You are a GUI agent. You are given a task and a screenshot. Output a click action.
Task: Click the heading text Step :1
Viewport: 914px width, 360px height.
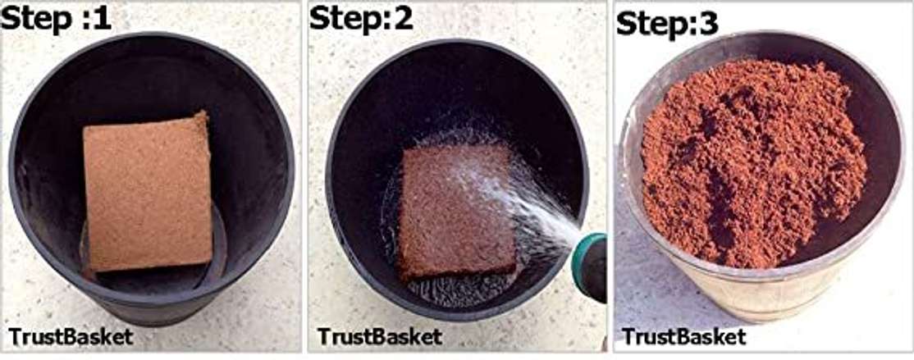click(x=56, y=18)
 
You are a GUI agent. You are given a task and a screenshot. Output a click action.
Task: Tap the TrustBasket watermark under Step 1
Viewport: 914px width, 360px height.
click(x=71, y=337)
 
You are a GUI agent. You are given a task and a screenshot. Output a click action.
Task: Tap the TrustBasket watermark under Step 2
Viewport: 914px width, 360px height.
click(x=380, y=336)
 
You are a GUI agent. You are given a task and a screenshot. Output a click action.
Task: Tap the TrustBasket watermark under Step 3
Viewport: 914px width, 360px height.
click(x=683, y=337)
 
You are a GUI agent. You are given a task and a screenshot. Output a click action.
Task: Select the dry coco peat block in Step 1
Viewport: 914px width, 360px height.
click(x=147, y=192)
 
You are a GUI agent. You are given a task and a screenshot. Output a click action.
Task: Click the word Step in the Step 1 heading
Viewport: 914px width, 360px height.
click(x=37, y=19)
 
